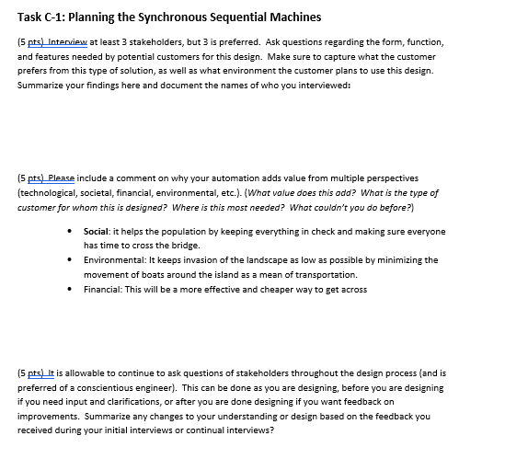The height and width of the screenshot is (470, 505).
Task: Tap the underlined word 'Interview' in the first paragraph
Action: pos(70,42)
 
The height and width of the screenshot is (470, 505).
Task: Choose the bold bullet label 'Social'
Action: pos(97,232)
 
